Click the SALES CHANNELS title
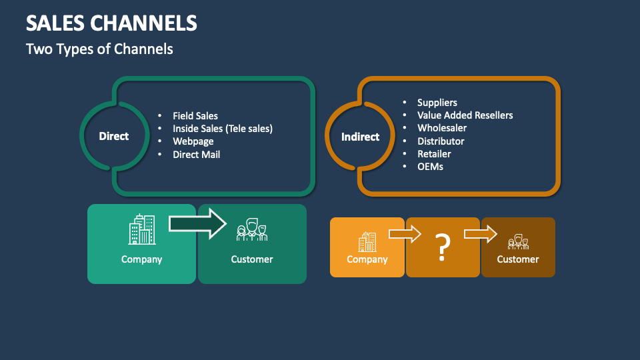coord(111,23)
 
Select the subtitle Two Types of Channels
coord(99,49)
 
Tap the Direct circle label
coord(114,136)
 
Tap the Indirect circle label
coord(360,137)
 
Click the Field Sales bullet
coord(195,116)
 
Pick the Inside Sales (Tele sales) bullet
coord(223,129)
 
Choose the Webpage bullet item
coord(193,141)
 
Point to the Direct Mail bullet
coord(196,154)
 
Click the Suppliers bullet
coord(437,103)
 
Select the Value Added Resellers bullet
coord(465,115)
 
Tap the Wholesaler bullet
coord(441,128)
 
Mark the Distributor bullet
coord(441,141)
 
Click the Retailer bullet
coord(434,154)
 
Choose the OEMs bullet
coord(430,167)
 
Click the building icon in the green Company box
coord(141,229)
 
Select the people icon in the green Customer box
coord(252,230)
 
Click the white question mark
coord(443,247)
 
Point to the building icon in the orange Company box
coord(367,242)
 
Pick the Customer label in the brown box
coord(518,259)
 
